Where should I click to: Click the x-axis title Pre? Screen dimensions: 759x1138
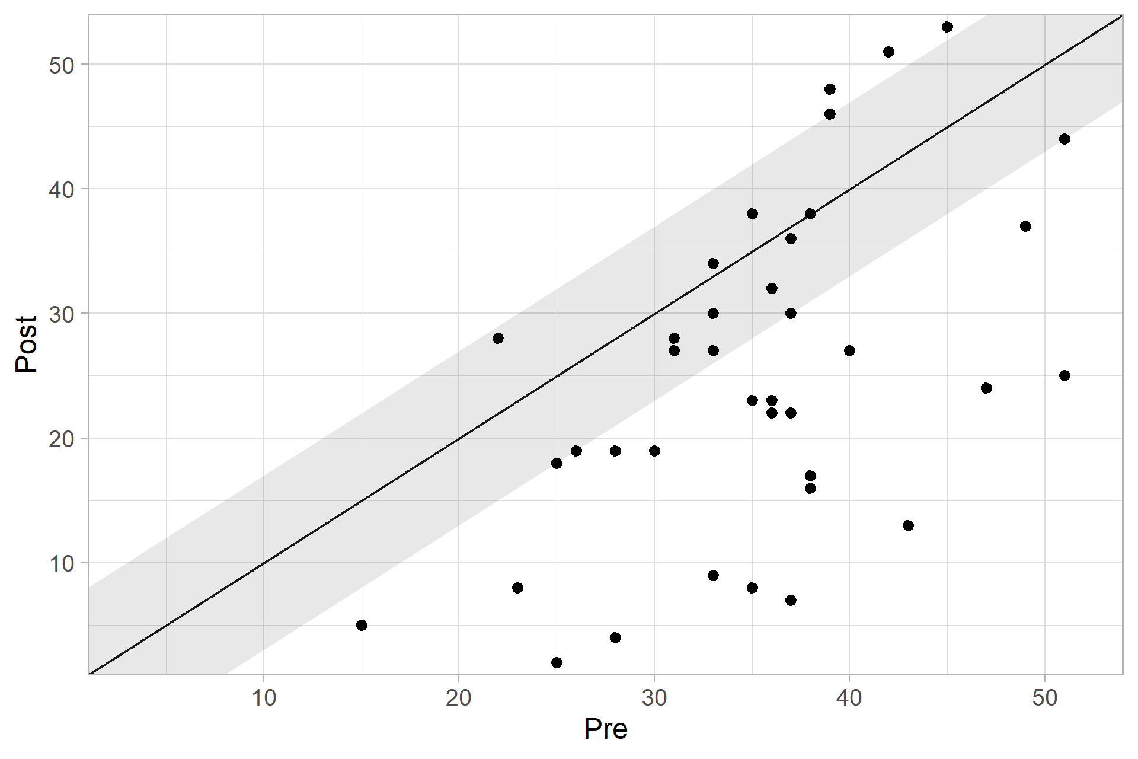[x=605, y=729]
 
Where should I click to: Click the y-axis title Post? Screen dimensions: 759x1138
[x=27, y=345]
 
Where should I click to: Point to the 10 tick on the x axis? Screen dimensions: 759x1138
[x=264, y=698]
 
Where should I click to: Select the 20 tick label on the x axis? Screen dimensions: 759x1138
[x=459, y=698]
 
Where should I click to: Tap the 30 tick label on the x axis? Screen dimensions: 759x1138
[x=654, y=698]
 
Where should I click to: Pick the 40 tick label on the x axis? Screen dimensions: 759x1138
[x=849, y=698]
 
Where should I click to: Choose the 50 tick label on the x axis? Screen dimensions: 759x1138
[x=1044, y=698]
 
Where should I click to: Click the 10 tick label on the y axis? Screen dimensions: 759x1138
[x=62, y=563]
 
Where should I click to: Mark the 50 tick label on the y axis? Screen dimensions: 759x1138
[x=62, y=65]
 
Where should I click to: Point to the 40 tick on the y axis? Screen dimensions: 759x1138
[x=62, y=189]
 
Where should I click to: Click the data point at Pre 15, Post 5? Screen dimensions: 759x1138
[x=362, y=625]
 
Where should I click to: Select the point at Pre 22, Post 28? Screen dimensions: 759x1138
[x=498, y=338]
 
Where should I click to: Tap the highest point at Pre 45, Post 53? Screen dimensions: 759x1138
[x=947, y=27]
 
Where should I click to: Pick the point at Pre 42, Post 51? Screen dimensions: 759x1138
[x=888, y=52]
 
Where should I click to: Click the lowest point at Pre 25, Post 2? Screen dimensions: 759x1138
[x=557, y=662]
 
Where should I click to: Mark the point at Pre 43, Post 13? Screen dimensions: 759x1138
[x=908, y=525]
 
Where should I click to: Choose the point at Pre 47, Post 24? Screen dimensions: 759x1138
[x=986, y=388]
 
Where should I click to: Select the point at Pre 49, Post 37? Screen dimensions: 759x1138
[x=1025, y=226]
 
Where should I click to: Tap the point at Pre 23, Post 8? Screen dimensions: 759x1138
[x=517, y=588]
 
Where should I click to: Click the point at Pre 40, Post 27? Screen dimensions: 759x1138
[x=849, y=350]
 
